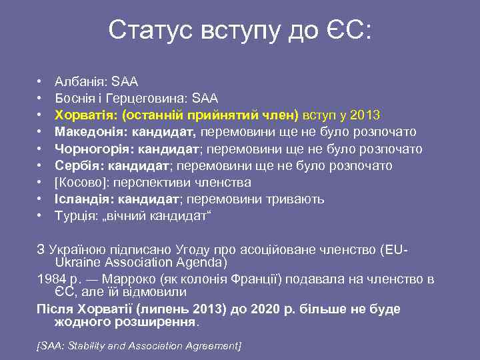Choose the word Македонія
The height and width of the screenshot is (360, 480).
[x=87, y=132]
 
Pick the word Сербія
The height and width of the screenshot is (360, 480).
[x=76, y=165]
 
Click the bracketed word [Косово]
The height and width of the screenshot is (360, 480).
[x=79, y=182]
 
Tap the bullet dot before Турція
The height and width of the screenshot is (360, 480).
[x=41, y=215]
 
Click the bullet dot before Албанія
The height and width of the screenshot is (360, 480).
[x=41, y=82]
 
